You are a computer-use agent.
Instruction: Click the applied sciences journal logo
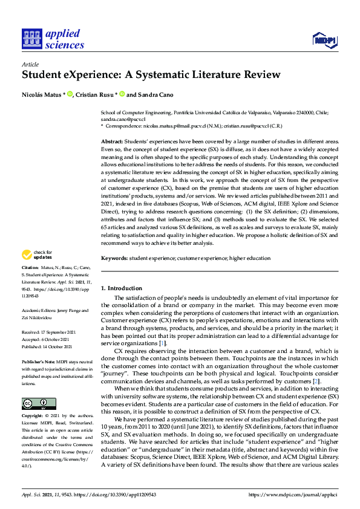point(53,39)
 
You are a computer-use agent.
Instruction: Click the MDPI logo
point(324,40)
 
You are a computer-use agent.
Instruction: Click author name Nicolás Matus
point(42,94)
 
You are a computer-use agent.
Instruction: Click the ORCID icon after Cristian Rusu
point(122,94)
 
